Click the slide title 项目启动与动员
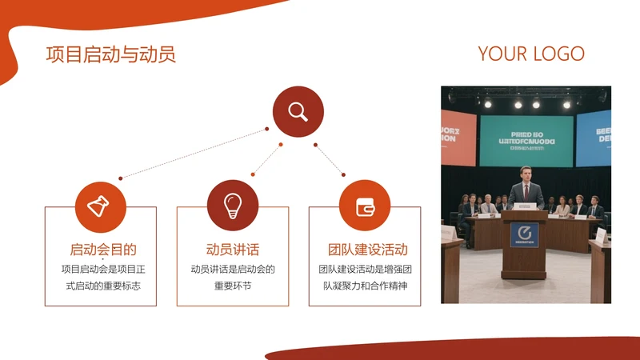[x=110, y=54]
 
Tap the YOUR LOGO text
[x=531, y=54]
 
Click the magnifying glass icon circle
[x=298, y=112]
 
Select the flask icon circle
[x=101, y=207]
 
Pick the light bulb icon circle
[x=233, y=205]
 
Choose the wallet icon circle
[x=365, y=205]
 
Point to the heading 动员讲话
[x=233, y=250]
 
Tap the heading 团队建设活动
[x=365, y=250]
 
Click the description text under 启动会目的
[x=101, y=277]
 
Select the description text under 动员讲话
[x=233, y=277]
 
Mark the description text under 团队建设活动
[x=365, y=277]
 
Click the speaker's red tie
[x=526, y=193]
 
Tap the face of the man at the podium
[x=526, y=174]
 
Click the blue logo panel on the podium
[x=525, y=234]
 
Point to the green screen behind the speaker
[x=526, y=141]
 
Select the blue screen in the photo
[x=594, y=137]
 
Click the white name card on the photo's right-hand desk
[x=600, y=235]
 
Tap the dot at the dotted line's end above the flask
[x=121, y=178]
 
